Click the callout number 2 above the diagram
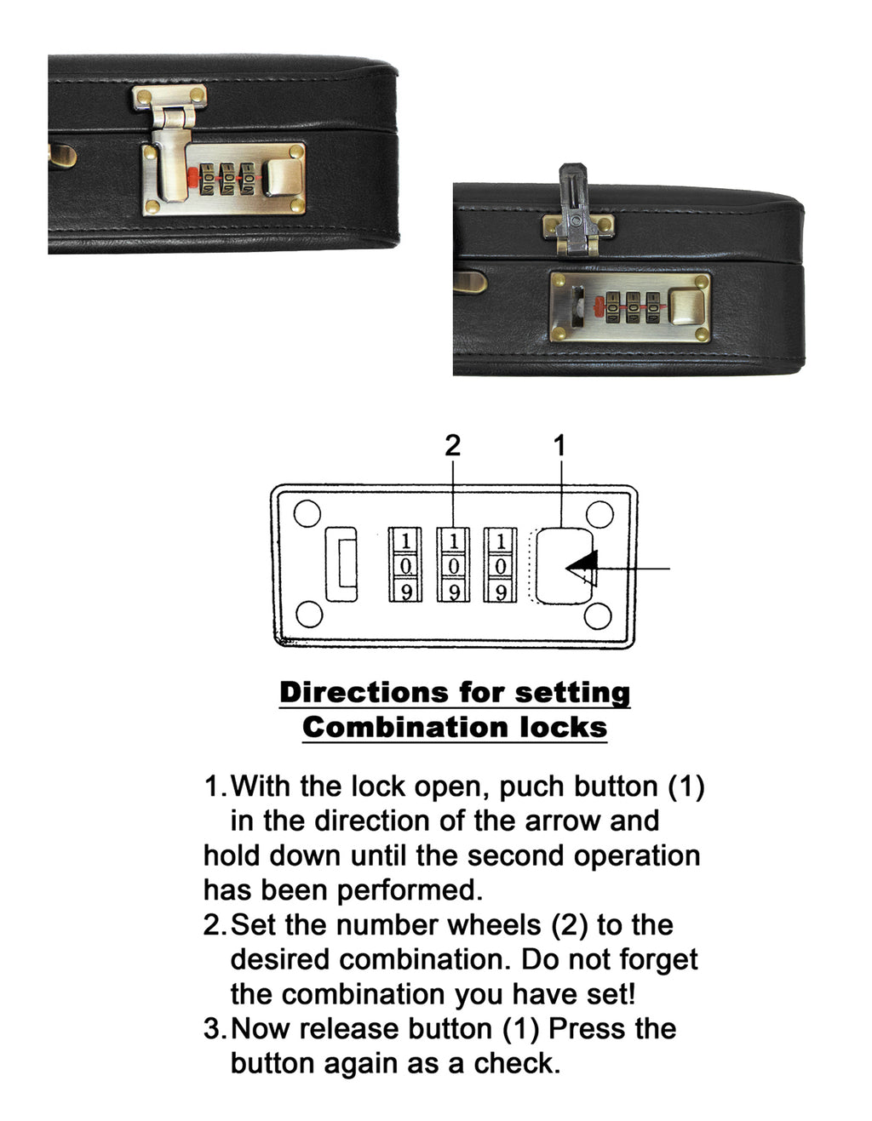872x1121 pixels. [452, 445]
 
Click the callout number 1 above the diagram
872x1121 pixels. [559, 445]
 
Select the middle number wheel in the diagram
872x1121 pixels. [453, 563]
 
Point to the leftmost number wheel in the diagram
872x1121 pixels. [405, 563]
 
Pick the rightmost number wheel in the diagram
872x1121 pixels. [500, 563]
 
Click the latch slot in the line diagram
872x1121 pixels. [341, 563]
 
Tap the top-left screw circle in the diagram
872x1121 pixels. [307, 513]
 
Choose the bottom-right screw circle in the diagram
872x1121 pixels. [598, 615]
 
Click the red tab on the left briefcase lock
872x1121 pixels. [192, 178]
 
